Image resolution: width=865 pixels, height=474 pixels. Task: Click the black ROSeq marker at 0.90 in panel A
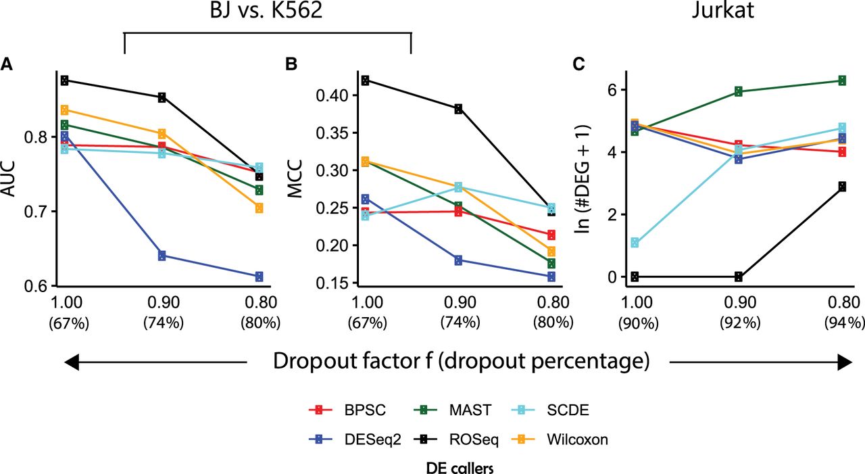pos(162,97)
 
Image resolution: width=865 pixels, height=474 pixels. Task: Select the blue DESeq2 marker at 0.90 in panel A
pos(162,256)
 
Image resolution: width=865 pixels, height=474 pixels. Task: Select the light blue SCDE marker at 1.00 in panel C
pos(634,242)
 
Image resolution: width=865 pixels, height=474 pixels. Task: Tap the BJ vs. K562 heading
pos(267,14)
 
